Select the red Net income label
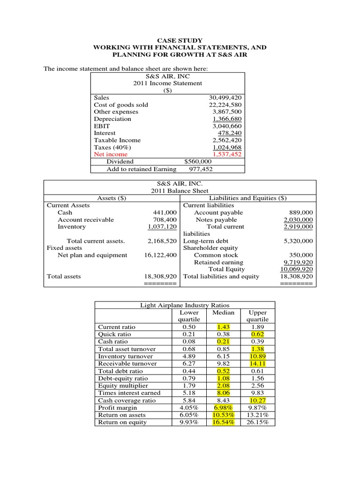tap(110, 154)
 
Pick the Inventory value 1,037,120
tap(162, 227)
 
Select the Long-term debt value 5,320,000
tap(297, 241)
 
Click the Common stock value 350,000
tap(301, 255)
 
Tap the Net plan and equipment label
tap(92, 255)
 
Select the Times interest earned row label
tap(129, 393)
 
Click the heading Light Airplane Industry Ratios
tap(185, 305)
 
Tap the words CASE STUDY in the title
tap(180, 41)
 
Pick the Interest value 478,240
tap(230, 133)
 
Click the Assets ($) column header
tap(111, 198)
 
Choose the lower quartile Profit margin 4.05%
tap(189, 408)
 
